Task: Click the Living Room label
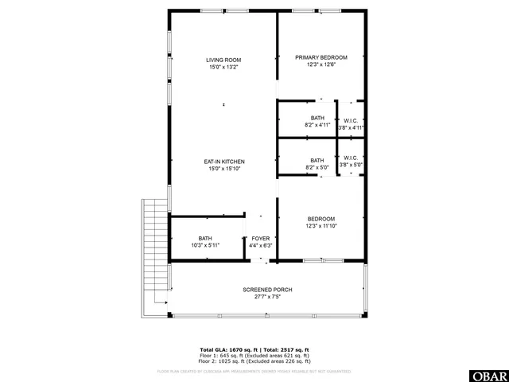click(223, 60)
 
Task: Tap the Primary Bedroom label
click(321, 57)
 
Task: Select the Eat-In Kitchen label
click(223, 162)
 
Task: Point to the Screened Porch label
click(267, 290)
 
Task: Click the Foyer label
click(261, 239)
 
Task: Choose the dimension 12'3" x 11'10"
click(321, 226)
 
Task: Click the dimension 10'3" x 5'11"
click(205, 246)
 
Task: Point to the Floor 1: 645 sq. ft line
click(254, 355)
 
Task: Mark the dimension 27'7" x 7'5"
click(267, 297)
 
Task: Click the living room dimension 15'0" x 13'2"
click(223, 68)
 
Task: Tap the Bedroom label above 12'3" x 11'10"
click(321, 219)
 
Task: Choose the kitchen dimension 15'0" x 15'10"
click(223, 169)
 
